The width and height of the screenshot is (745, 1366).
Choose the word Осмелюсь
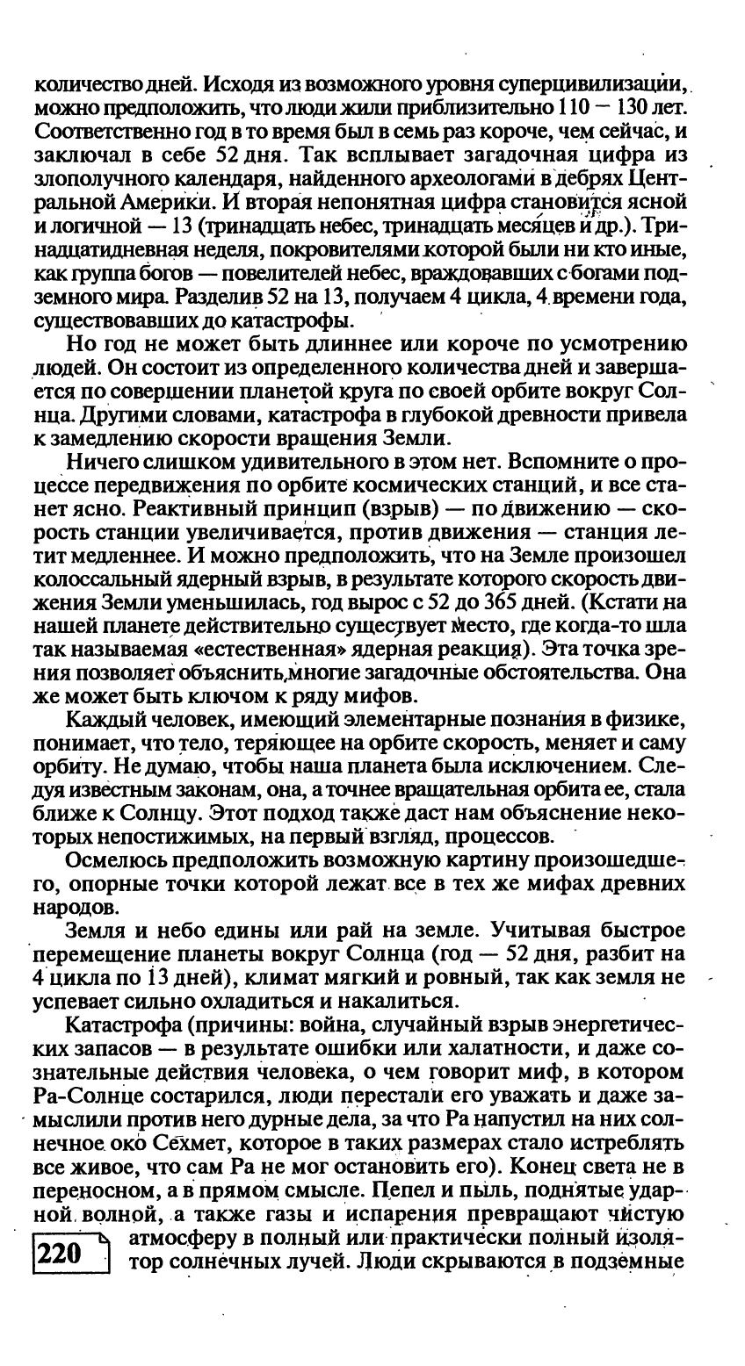pos(119,860)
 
